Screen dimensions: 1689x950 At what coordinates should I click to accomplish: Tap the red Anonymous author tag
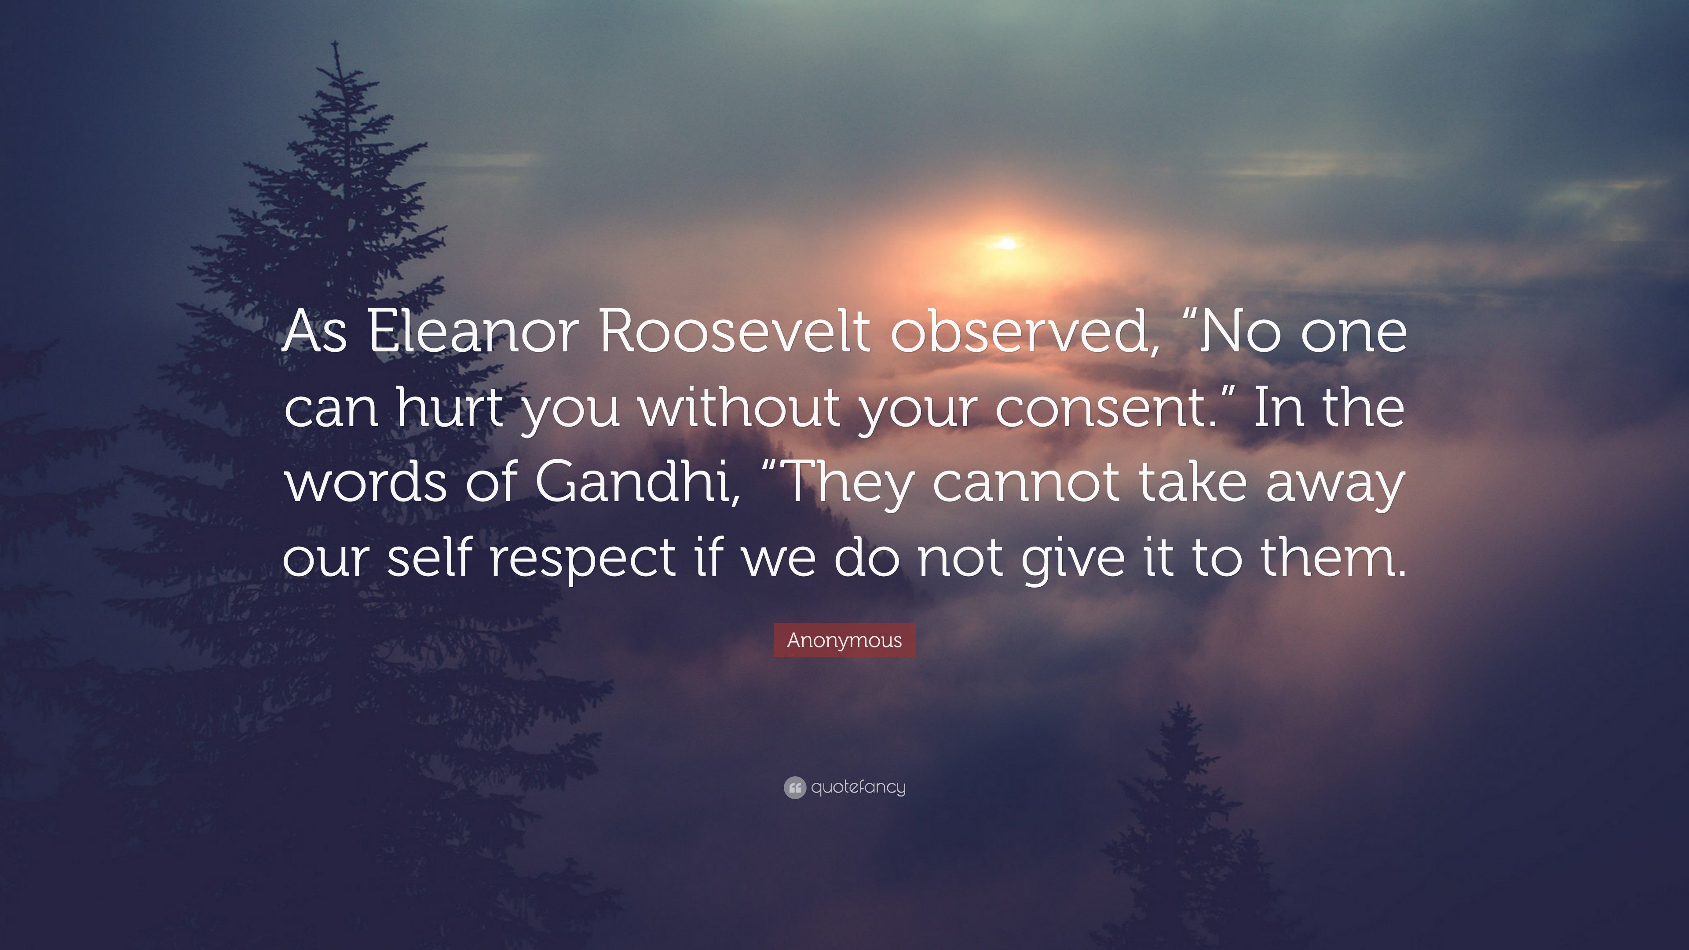(x=844, y=640)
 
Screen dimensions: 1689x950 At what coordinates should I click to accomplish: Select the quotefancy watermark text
(x=858, y=787)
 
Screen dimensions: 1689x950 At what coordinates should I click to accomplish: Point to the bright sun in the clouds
(x=1006, y=244)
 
